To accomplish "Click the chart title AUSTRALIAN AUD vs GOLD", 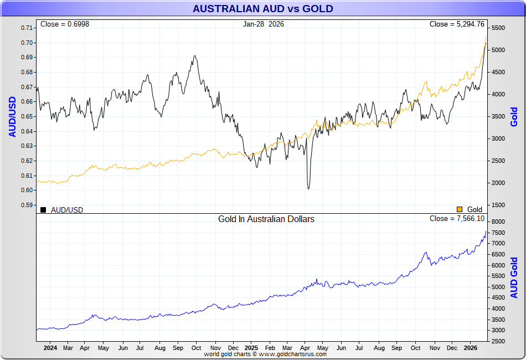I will click(x=262, y=9).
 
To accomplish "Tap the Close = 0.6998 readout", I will click(x=65, y=24).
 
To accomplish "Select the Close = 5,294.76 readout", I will click(x=457, y=24).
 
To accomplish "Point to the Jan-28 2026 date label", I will click(x=263, y=24).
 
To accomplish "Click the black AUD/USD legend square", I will click(x=43, y=209).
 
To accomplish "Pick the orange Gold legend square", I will click(x=459, y=209).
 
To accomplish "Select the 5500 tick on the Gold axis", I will click(x=498, y=28).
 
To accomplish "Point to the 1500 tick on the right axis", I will click(x=498, y=205).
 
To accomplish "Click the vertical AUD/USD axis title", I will click(x=12, y=116).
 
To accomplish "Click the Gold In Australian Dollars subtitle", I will click(x=266, y=219).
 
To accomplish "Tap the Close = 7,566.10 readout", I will click(x=457, y=219).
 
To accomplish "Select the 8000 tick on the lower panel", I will click(x=498, y=222).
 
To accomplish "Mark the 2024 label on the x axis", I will click(x=50, y=348).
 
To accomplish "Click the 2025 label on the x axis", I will click(x=251, y=348).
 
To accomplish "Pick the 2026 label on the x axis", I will click(x=470, y=348).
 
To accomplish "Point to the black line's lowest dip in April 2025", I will click(x=308, y=189).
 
